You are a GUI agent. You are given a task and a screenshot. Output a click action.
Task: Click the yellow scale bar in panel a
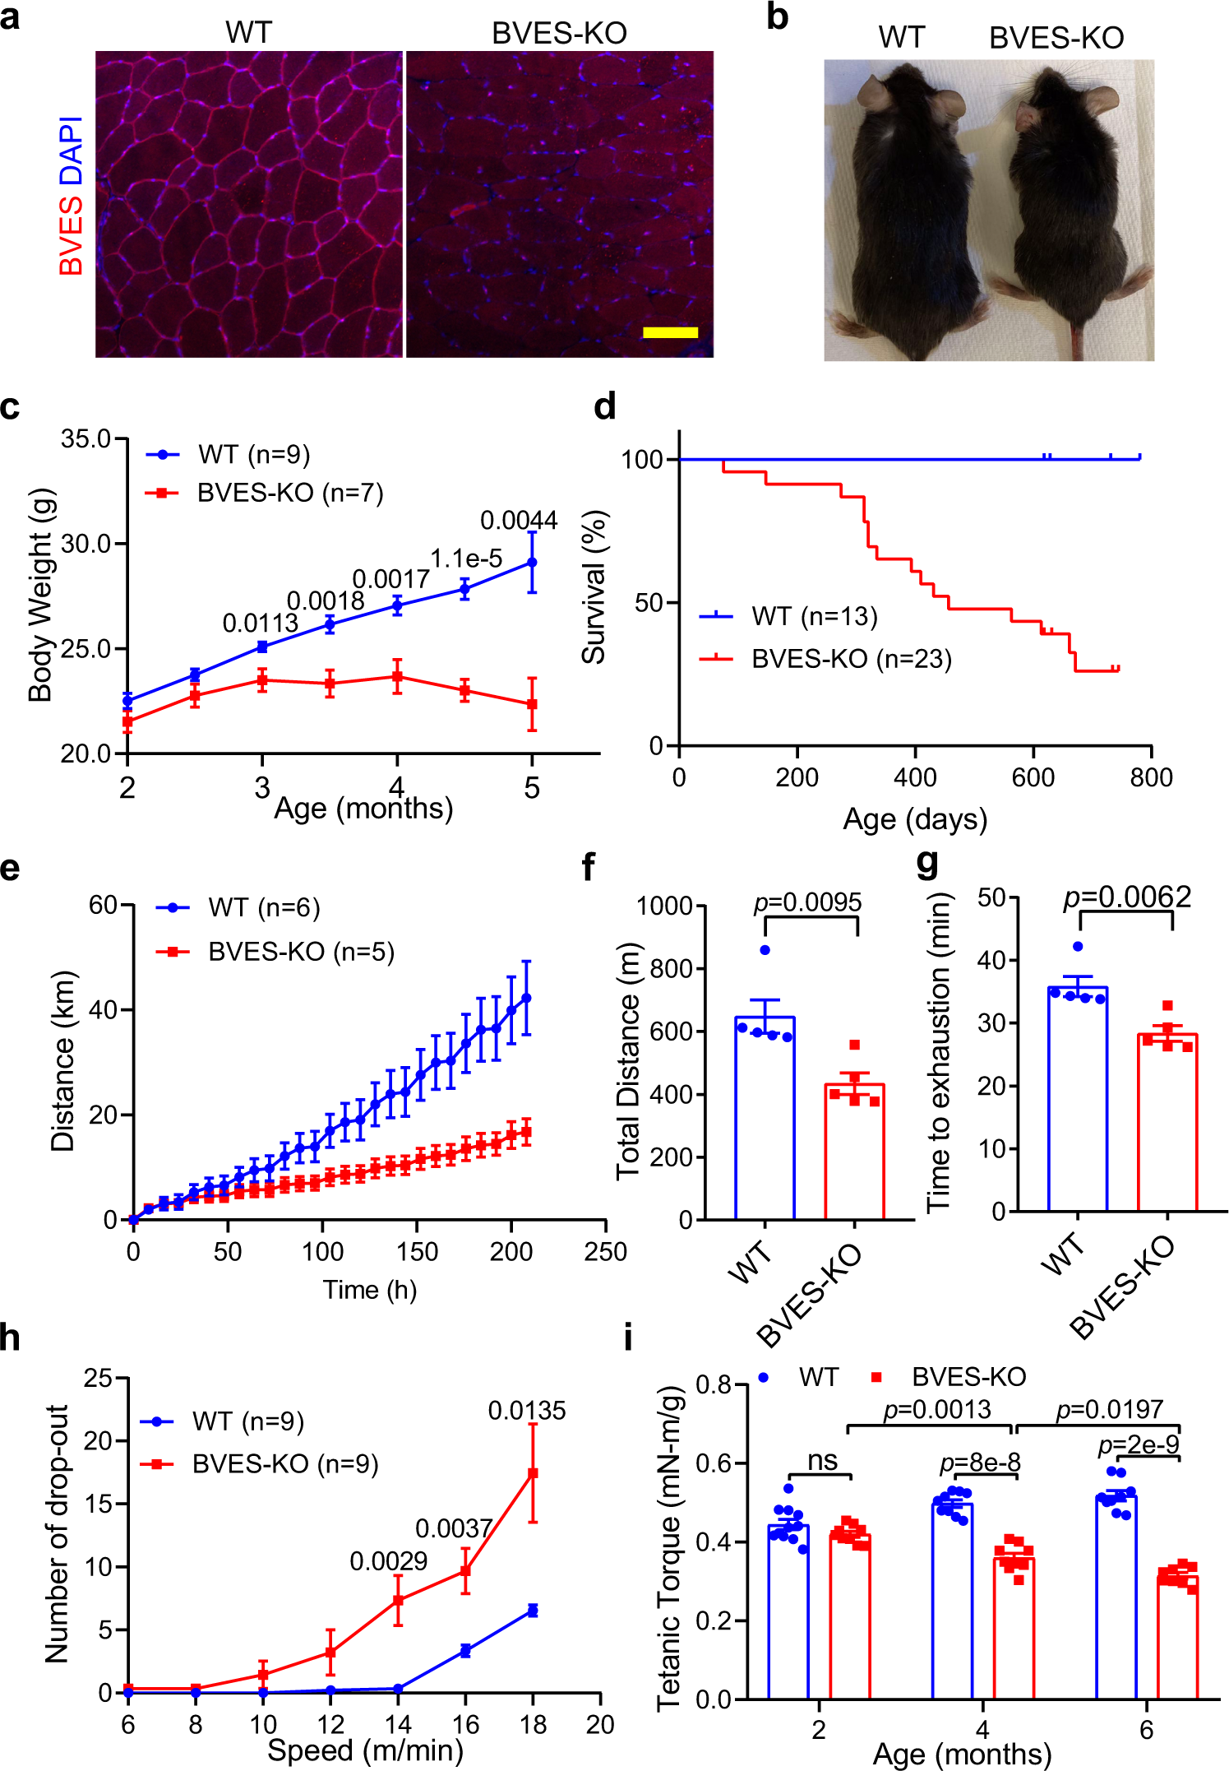(x=670, y=332)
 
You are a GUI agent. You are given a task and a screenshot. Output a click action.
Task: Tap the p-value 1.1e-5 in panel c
(x=466, y=559)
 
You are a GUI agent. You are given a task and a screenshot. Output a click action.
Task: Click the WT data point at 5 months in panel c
(x=532, y=563)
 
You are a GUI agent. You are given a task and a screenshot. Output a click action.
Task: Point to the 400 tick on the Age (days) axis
(x=915, y=777)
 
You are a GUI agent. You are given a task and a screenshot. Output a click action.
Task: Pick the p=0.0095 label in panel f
(x=807, y=902)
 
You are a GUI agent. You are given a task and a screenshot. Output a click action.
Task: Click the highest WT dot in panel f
(x=765, y=950)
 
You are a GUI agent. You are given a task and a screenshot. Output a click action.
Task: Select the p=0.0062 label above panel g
(x=1127, y=897)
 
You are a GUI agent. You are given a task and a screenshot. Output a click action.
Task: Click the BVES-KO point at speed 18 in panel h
(x=533, y=1473)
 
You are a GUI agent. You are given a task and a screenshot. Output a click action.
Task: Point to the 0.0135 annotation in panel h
(x=527, y=1411)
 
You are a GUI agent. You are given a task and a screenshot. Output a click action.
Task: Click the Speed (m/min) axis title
(x=365, y=1751)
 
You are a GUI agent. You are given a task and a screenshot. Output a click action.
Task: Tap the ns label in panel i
(x=822, y=1461)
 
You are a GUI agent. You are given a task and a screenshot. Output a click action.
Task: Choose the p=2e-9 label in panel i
(x=1138, y=1445)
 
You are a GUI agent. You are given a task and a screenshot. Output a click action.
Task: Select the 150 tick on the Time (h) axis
(x=417, y=1252)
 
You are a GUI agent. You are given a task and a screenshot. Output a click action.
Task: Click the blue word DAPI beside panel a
(x=72, y=150)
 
